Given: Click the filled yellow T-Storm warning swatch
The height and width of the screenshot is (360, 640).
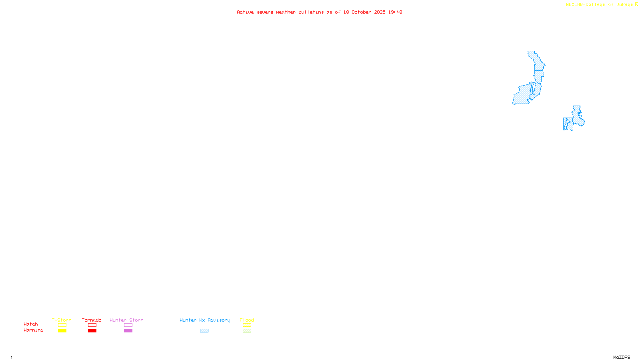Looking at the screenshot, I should click(x=62, y=331).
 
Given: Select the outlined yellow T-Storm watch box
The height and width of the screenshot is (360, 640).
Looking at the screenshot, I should click(x=62, y=325).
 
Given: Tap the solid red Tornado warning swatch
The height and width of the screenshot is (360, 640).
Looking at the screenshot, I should click(x=92, y=331).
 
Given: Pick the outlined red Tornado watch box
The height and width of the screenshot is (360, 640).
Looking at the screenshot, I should click(x=92, y=325).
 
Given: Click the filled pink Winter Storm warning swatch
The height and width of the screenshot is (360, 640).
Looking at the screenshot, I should click(x=128, y=331).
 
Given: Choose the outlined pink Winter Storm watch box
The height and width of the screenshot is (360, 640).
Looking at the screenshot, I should click(x=128, y=325).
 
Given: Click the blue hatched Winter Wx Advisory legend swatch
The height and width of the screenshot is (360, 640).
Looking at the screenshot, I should click(x=204, y=331).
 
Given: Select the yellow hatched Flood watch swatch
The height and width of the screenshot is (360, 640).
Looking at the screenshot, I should click(x=247, y=325).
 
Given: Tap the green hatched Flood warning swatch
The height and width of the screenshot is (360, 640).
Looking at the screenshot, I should click(x=247, y=331).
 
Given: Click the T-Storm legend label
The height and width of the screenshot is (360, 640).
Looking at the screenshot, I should click(x=62, y=320).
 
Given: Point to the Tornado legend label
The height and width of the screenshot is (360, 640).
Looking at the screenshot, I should click(x=92, y=320).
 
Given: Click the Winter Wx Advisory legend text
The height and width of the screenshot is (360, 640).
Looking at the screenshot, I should click(x=205, y=320).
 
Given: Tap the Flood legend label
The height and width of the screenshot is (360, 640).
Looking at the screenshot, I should click(x=247, y=320).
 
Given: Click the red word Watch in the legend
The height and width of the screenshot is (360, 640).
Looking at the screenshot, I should click(x=31, y=324).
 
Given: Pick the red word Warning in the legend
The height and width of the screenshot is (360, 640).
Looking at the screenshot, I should click(x=34, y=330).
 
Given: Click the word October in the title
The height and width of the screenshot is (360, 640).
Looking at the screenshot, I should click(x=361, y=12).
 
